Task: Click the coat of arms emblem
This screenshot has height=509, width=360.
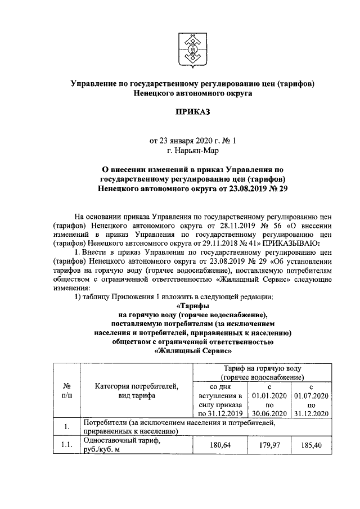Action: click(x=192, y=50)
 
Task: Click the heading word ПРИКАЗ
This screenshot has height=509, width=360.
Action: click(x=192, y=113)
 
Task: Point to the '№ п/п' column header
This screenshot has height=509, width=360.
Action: click(x=66, y=390)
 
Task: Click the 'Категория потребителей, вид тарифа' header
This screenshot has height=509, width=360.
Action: click(x=136, y=390)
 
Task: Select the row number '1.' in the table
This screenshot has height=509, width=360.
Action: click(x=66, y=426)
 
